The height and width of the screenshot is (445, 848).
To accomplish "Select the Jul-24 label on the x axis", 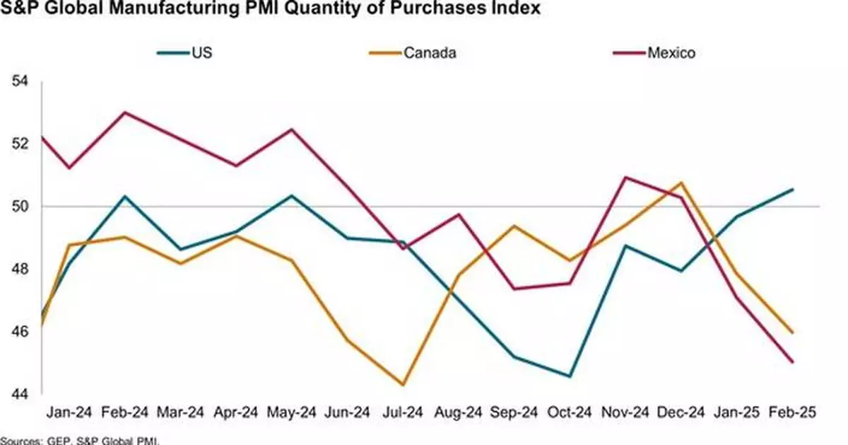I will pyautogui.click(x=403, y=412).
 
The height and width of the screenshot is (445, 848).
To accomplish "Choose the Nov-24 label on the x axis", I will pyautogui.click(x=625, y=412).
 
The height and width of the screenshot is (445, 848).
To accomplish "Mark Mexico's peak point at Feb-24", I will pyautogui.click(x=124, y=112).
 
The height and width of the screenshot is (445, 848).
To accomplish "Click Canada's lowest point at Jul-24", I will pyautogui.click(x=403, y=385).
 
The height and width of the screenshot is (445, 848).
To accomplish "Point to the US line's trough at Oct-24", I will pyautogui.click(x=570, y=376).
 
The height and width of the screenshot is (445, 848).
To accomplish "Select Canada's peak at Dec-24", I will pyautogui.click(x=681, y=183).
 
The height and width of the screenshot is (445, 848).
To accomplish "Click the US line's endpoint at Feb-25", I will pyautogui.click(x=793, y=189).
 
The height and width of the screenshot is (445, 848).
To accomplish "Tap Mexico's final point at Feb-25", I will pyautogui.click(x=793, y=362).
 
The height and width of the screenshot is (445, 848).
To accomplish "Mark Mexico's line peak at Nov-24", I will pyautogui.click(x=625, y=177).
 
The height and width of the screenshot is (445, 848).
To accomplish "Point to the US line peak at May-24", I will pyautogui.click(x=291, y=195).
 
